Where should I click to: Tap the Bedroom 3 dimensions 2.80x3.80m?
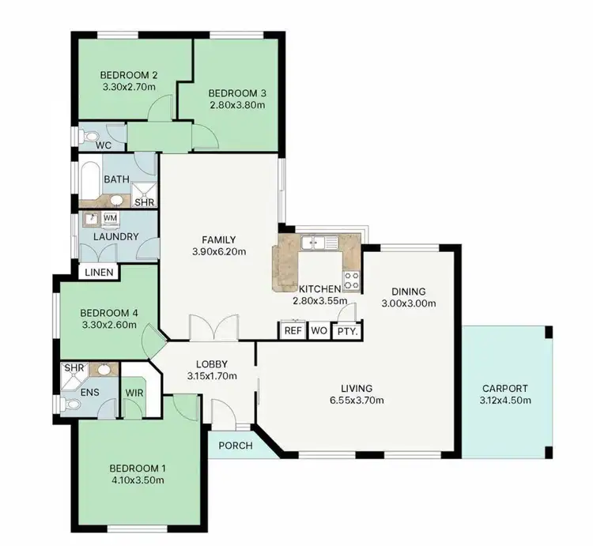(x=237, y=104)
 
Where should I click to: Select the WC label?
(x=103, y=146)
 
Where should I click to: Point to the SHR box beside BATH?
(x=144, y=202)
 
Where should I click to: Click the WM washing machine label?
(x=111, y=217)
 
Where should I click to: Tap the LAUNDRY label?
(x=115, y=236)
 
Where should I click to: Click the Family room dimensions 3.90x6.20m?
(x=219, y=253)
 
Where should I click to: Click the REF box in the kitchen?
(x=293, y=330)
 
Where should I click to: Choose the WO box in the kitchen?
(x=319, y=330)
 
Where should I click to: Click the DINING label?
(x=408, y=291)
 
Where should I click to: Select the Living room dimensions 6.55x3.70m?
(x=357, y=400)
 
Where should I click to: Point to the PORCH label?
(x=236, y=446)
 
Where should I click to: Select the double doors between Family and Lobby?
(x=213, y=326)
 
